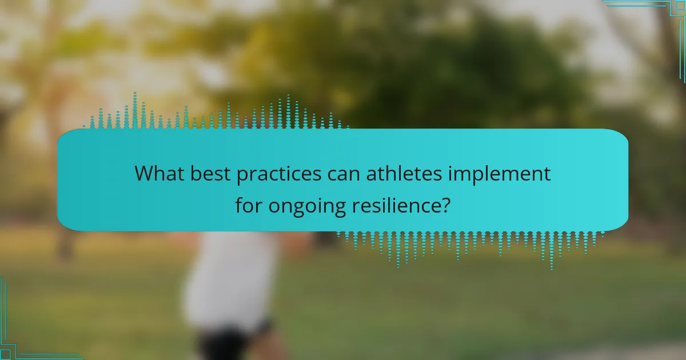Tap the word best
(x=210, y=173)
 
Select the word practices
(x=279, y=175)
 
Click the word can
(x=344, y=175)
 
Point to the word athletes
(x=404, y=173)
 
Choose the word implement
(x=500, y=175)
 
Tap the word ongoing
(x=307, y=207)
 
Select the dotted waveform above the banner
(x=216, y=111)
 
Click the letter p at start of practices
(x=242, y=177)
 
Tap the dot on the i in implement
(x=450, y=166)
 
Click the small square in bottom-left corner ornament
(x=5, y=355)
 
